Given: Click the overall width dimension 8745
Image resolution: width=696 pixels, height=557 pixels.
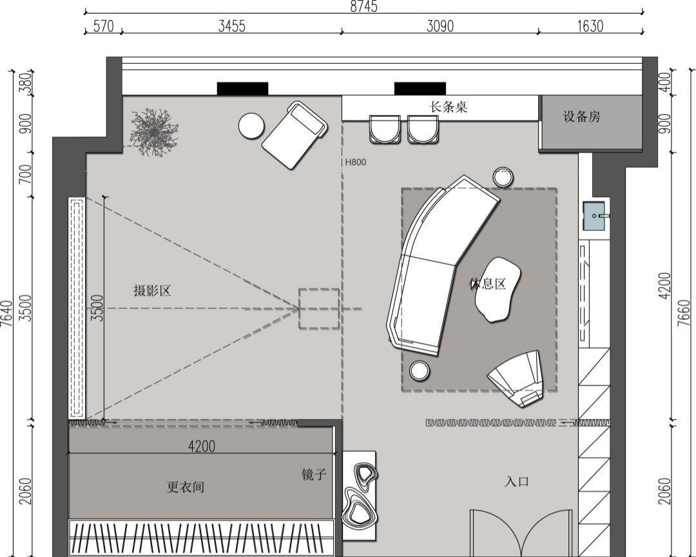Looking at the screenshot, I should [x=363, y=6].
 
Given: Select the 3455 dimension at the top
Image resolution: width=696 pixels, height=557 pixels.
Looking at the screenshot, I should [x=231, y=26].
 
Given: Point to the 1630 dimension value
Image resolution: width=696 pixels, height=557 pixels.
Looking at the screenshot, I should [x=590, y=26].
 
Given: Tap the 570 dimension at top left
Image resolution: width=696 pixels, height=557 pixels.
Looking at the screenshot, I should [x=103, y=26].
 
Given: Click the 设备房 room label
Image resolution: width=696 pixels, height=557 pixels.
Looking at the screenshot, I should [x=582, y=117].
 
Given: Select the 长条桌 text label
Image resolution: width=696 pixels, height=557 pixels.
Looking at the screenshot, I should [x=449, y=107].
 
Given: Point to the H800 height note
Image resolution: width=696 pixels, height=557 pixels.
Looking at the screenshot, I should [x=355, y=162].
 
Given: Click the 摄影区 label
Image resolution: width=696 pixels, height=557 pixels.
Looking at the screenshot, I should [x=152, y=291].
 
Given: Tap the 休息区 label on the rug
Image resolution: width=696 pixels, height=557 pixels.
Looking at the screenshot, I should [x=487, y=284].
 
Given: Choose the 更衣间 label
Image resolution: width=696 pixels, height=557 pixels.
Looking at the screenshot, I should [x=186, y=487].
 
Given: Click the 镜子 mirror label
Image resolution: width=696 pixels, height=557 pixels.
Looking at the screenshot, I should [x=314, y=475].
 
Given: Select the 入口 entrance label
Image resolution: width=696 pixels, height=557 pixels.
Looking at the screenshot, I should [x=517, y=482].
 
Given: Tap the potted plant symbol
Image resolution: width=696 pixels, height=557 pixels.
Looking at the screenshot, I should [x=153, y=132].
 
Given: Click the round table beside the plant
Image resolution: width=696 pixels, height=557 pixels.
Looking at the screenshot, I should [x=251, y=126].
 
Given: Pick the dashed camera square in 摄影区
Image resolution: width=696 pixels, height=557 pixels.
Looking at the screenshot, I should [x=319, y=309].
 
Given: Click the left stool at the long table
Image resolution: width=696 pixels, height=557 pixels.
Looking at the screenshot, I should [x=385, y=130].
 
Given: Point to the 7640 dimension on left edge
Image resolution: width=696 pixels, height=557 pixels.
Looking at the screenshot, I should [x=6, y=313].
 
